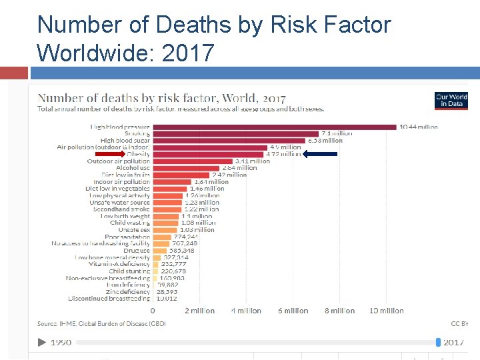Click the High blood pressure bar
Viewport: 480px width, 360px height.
coord(275,127)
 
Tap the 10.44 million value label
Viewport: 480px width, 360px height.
coord(419,127)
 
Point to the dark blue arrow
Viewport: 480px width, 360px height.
coord(320,154)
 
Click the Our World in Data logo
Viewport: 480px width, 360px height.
coord(451,100)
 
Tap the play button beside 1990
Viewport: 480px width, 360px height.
coord(41,342)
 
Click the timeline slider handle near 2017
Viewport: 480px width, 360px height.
coord(438,342)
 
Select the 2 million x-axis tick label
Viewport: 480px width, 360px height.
coord(199,311)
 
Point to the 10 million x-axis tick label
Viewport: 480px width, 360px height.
coord(387,311)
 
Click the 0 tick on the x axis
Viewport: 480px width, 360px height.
coord(153,311)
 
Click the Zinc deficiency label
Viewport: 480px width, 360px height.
coord(127,291)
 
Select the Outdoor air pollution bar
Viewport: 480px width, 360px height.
coord(193,161)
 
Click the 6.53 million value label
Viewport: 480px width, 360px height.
coord(325,141)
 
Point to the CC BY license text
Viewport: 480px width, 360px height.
coord(460,324)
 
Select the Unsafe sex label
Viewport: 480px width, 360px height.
coord(134,229)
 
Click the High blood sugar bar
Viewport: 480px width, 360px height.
coord(229,141)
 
